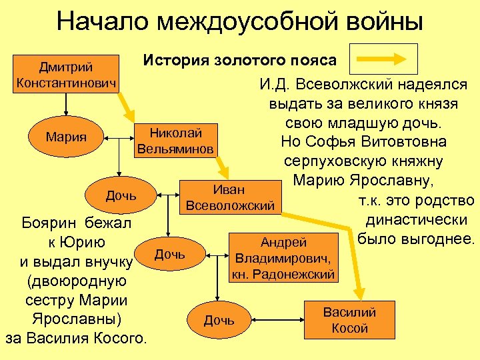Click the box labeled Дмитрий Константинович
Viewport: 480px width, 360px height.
[x=65, y=76]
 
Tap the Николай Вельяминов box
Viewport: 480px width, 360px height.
[x=175, y=139]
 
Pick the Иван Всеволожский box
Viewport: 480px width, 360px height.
[x=229, y=198]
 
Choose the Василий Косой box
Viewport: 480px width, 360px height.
[x=349, y=320]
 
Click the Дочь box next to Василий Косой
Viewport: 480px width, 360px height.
[x=219, y=320]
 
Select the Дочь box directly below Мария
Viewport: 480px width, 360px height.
[x=121, y=195]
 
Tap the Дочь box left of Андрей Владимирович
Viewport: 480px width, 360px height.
[x=170, y=255]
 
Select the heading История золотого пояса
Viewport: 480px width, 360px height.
[x=240, y=61]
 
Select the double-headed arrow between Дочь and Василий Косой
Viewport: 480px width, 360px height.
[x=279, y=320]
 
